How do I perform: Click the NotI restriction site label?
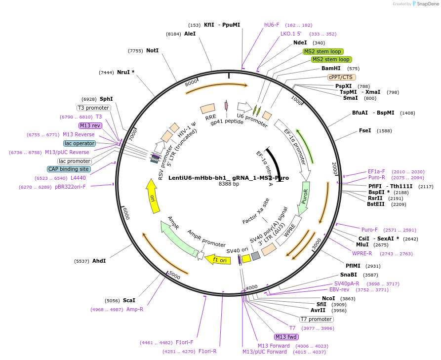point(152,50)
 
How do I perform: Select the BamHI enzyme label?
point(331,68)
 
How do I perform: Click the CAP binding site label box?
point(69,169)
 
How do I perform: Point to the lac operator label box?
point(79,143)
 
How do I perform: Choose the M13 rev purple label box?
point(90,125)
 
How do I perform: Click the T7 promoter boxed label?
point(316,319)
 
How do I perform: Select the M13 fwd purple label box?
point(286,337)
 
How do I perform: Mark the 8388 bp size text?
point(229,184)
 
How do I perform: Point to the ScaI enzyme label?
point(129,300)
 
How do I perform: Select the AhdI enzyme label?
point(99,261)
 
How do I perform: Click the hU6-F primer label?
point(272,25)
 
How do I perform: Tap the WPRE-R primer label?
point(362,253)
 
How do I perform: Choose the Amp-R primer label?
point(134,309)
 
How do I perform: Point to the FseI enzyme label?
point(365,131)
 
